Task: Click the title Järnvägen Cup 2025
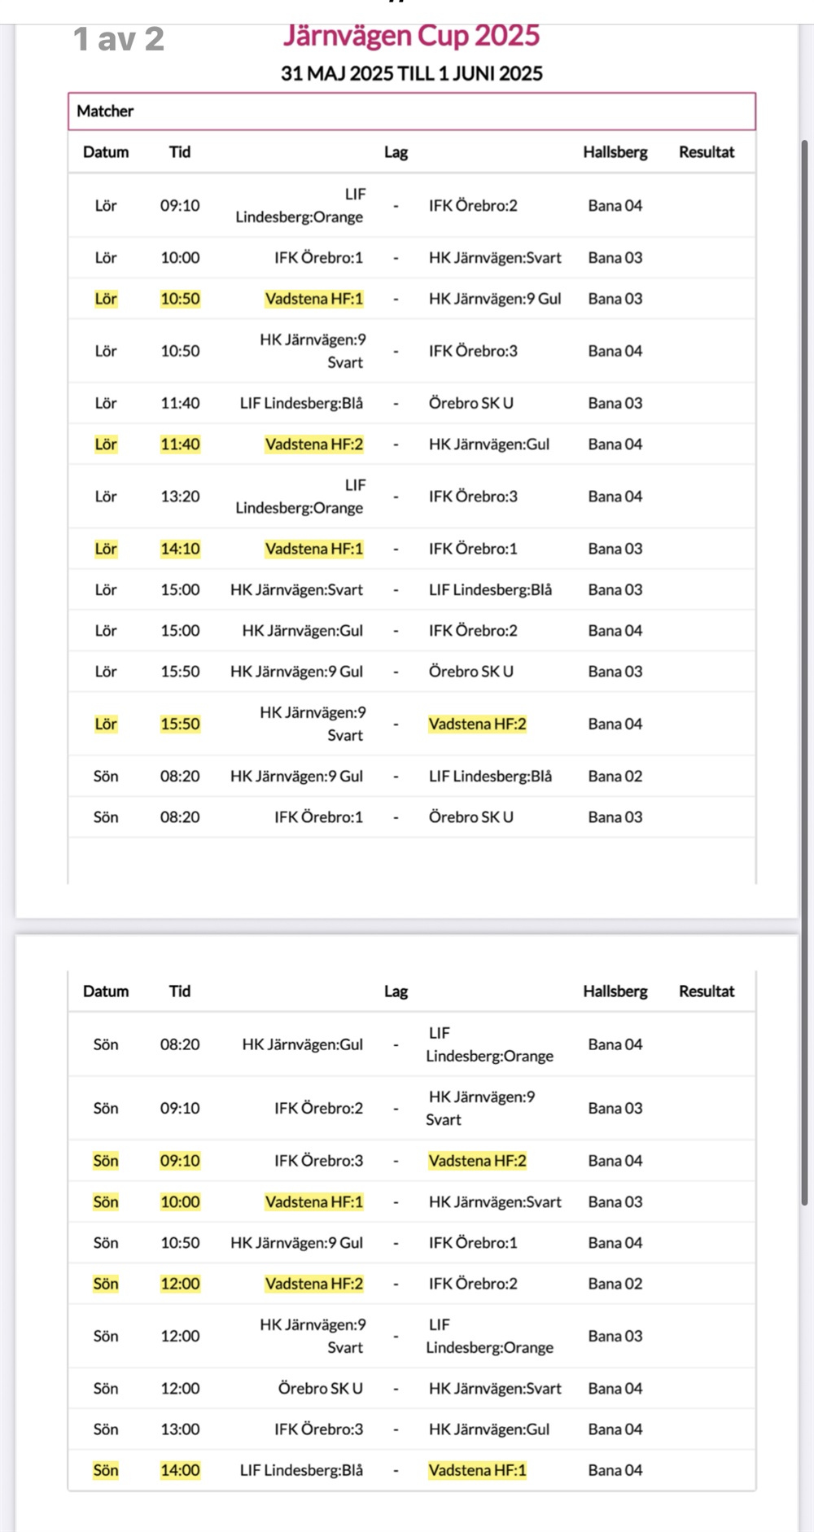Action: (x=411, y=36)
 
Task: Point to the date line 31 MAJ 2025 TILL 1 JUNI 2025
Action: (x=411, y=73)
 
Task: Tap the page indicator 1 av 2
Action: (x=119, y=39)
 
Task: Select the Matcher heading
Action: (x=105, y=111)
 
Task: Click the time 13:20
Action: (x=180, y=497)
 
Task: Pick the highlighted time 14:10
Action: (x=180, y=549)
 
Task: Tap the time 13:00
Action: (x=180, y=1429)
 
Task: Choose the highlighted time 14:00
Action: (x=180, y=1470)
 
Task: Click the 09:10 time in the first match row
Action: (x=180, y=205)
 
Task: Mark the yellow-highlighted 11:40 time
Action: (x=180, y=444)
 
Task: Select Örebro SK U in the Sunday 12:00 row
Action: (x=320, y=1388)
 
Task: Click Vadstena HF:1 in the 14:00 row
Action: (x=477, y=1470)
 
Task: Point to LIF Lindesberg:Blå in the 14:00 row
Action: (x=301, y=1470)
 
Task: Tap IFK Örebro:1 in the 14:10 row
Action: (x=473, y=549)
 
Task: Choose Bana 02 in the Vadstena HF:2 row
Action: (x=615, y=1284)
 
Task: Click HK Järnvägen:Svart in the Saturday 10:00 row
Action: (x=495, y=258)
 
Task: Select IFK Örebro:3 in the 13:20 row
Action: (x=473, y=497)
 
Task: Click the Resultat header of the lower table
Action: (x=707, y=991)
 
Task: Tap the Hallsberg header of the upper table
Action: (x=615, y=152)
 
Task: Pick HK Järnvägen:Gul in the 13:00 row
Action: (x=489, y=1429)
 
